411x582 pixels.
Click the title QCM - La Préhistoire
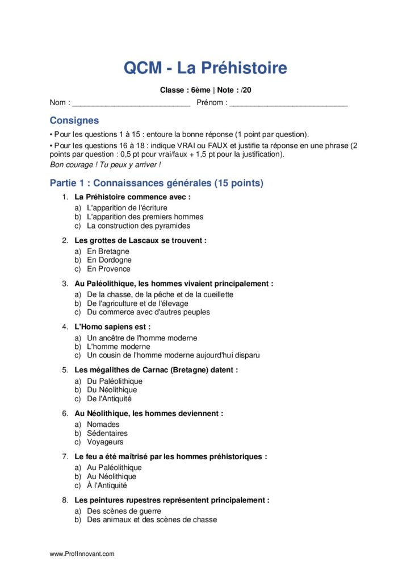(205, 68)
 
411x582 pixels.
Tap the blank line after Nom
(131, 104)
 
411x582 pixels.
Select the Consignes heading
(74, 120)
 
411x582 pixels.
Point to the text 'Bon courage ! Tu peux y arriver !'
(105, 164)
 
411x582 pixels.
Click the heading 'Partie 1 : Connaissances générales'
(156, 183)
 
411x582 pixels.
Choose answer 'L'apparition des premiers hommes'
(145, 217)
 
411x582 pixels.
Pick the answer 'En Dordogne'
(109, 260)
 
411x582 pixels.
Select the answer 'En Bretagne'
(108, 251)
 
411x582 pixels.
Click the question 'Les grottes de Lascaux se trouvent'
(140, 240)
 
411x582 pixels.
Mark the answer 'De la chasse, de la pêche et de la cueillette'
(160, 294)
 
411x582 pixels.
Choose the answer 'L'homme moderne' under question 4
(118, 346)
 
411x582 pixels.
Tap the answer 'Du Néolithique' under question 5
(112, 390)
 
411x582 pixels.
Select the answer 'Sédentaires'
(107, 433)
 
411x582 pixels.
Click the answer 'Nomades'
(103, 424)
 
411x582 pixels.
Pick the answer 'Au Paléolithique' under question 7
(114, 467)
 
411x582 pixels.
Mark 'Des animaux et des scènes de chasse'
(152, 519)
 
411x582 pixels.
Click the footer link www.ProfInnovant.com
(82, 554)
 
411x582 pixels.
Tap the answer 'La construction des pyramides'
(139, 226)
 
